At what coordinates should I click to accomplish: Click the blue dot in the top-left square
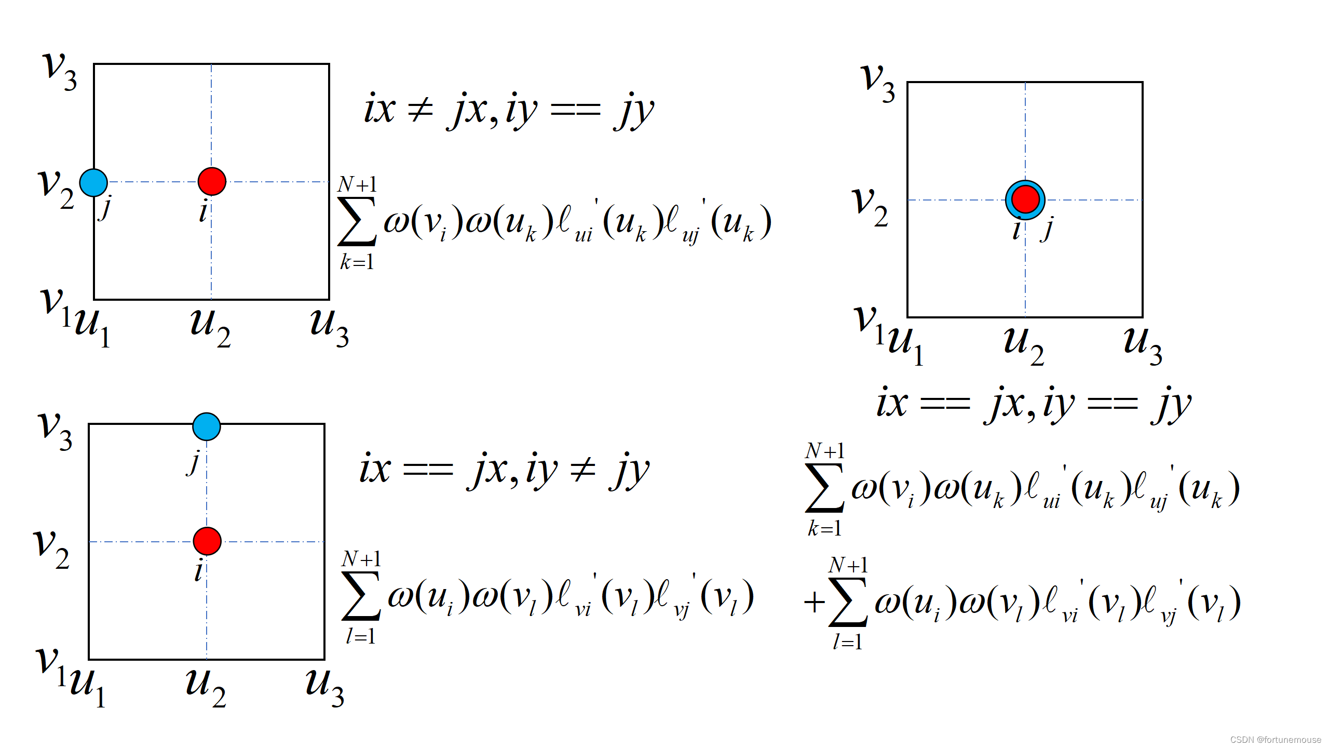point(93,182)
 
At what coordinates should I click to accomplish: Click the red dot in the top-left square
point(212,181)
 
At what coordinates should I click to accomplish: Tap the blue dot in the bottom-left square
point(207,426)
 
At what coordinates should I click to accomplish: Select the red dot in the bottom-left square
point(207,541)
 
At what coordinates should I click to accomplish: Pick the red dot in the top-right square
point(1025,199)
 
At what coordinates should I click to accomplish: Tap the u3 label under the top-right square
point(1142,345)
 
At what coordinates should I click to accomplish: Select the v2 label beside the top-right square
point(870,207)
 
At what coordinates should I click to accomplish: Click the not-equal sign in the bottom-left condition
point(582,470)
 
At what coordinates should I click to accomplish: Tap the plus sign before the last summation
point(814,603)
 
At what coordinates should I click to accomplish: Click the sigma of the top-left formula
point(357,221)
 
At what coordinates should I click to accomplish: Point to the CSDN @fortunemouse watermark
point(1276,740)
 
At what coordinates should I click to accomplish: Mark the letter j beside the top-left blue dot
point(106,208)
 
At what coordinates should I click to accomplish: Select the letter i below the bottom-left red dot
point(198,571)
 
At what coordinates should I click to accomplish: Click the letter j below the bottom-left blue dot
point(194,462)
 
